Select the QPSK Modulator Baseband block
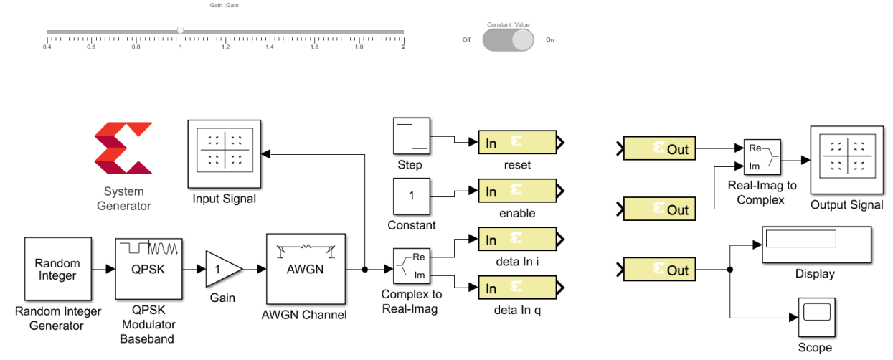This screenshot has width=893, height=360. [x=147, y=269]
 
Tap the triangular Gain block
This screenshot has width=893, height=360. [x=222, y=269]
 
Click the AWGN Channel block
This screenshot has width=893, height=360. [x=306, y=269]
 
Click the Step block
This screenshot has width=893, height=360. [x=411, y=136]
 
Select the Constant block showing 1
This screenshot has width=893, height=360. [x=411, y=196]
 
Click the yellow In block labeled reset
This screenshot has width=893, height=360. [x=517, y=143]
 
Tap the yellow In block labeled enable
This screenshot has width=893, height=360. [x=517, y=191]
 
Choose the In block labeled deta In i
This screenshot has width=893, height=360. [x=517, y=240]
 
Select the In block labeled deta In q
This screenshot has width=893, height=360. [x=517, y=288]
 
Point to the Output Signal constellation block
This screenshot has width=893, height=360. [x=846, y=161]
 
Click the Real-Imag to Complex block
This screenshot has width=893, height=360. [x=761, y=158]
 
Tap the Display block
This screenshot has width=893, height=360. [x=815, y=246]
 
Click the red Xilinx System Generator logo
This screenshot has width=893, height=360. [x=123, y=148]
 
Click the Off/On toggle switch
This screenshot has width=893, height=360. [x=508, y=39]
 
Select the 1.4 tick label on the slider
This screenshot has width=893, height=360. [x=270, y=47]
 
